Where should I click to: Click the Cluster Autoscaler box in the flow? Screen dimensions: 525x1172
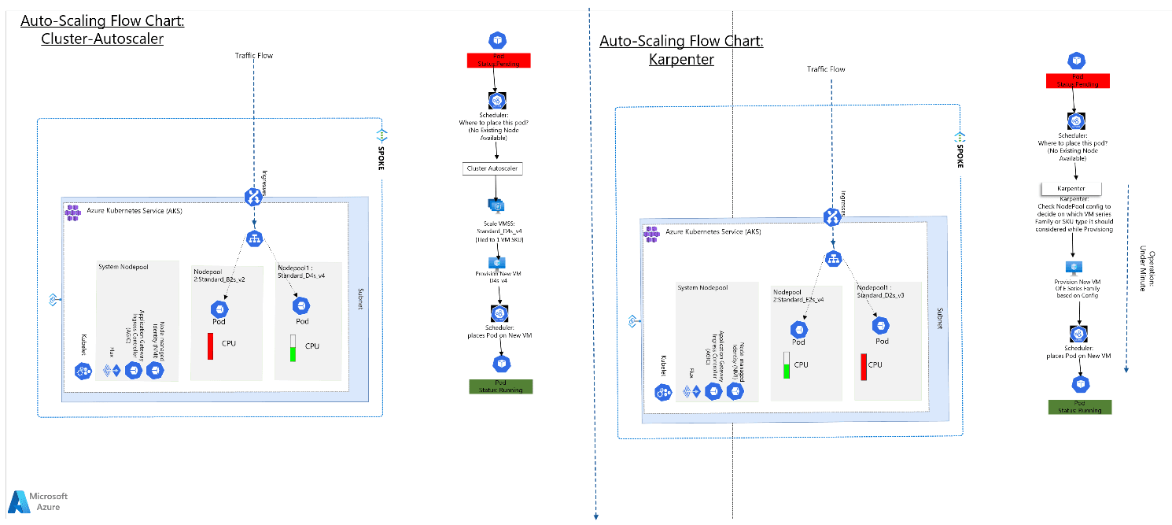tap(492, 168)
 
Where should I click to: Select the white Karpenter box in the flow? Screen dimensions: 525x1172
tap(1070, 189)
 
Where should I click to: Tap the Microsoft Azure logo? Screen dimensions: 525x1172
tap(38, 501)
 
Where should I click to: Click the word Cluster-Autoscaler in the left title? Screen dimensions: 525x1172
tap(102, 38)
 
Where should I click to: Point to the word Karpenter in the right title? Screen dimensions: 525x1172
tap(681, 59)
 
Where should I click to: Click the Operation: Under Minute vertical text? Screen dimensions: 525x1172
tap(1147, 271)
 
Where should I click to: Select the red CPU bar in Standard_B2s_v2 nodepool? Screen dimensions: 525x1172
tap(211, 346)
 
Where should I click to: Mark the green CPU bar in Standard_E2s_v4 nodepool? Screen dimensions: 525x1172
tap(786, 365)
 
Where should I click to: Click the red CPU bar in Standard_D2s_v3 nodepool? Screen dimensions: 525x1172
tap(864, 367)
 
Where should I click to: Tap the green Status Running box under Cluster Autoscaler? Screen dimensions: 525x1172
tap(500, 386)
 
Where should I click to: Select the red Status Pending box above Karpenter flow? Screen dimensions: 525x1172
tap(1077, 80)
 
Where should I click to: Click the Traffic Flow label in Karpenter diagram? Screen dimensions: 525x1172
tap(826, 69)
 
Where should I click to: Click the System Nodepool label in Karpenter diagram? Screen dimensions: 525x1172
tap(703, 287)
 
